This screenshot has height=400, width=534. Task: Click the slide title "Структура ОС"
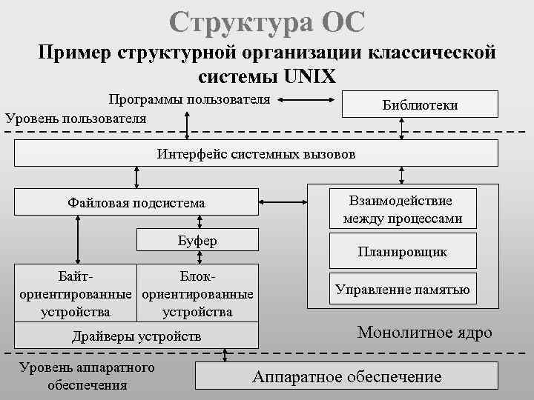pos(266,21)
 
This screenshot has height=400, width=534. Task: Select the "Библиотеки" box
pos(419,105)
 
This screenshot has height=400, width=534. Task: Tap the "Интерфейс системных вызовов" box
pos(256,155)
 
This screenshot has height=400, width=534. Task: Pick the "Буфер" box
pos(198,241)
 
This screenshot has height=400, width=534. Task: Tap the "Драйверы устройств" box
pos(136,336)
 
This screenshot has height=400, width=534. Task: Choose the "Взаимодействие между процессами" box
pos(403,210)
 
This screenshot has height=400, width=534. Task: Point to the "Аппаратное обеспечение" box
pos(346,376)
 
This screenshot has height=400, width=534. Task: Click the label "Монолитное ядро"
pos(424,332)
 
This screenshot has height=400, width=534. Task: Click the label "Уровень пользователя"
pos(76,118)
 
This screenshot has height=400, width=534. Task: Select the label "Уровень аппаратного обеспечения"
pos(87,376)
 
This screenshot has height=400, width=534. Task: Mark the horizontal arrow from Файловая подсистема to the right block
pos(283,201)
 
